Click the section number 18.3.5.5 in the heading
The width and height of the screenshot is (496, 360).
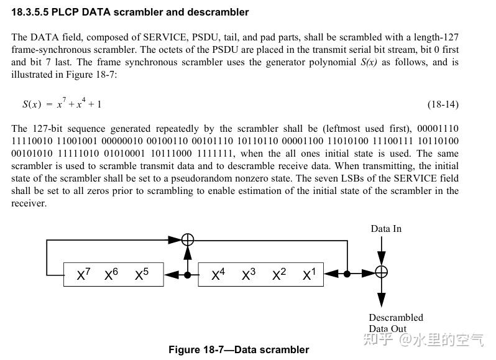click(x=32, y=12)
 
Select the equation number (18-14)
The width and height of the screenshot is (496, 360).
click(x=443, y=104)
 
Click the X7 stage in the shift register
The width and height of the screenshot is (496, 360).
click(x=84, y=275)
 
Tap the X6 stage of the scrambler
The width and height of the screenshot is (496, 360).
click(x=111, y=275)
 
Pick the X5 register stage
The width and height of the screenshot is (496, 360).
click(x=142, y=275)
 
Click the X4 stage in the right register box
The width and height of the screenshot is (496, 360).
click(x=218, y=275)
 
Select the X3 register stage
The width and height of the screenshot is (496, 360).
click(x=249, y=275)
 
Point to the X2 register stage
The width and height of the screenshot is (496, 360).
click(x=279, y=275)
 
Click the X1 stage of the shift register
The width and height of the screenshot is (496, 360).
click(x=309, y=275)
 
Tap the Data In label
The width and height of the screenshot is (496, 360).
click(x=386, y=229)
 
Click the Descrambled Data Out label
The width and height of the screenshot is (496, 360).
click(x=395, y=323)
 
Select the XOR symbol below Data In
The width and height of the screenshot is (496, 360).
click(x=382, y=272)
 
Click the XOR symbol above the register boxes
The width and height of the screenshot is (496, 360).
click(x=187, y=240)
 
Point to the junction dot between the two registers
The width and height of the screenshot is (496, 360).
click(x=187, y=274)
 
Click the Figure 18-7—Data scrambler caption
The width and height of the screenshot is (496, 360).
click(x=239, y=349)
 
